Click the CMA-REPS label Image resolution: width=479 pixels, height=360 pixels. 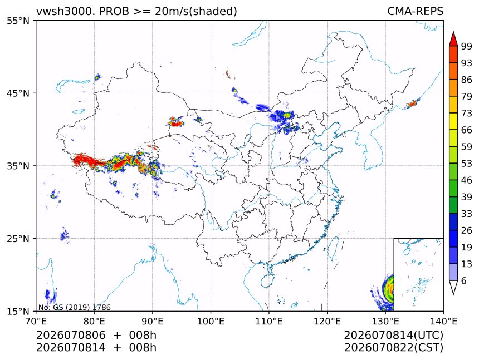point(415,11)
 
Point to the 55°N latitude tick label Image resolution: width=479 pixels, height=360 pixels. point(18,21)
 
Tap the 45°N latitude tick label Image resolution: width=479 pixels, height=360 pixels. point(18,93)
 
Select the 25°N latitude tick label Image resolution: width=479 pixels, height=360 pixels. point(18,238)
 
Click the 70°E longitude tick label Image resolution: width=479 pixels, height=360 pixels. point(36,321)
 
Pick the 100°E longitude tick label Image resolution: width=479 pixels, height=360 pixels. point(211,321)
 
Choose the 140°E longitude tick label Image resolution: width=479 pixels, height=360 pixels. point(443,321)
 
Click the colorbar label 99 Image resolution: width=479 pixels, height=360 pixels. point(467,46)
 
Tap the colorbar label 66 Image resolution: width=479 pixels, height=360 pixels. point(467,130)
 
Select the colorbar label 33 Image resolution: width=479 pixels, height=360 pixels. point(467,214)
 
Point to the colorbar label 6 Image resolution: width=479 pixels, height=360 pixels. point(464,280)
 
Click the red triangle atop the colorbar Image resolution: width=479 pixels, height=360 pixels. point(453,40)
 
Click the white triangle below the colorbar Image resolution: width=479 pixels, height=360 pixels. point(453,287)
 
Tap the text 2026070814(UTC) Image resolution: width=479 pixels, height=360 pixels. point(393,336)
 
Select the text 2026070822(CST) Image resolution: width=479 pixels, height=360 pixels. point(393,348)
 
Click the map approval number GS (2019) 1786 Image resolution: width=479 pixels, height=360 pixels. point(82,307)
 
